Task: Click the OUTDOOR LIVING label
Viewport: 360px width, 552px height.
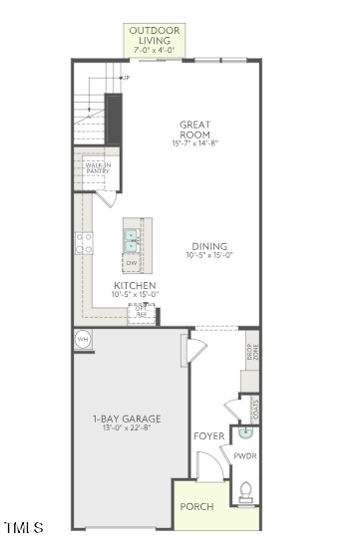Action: (x=152, y=34)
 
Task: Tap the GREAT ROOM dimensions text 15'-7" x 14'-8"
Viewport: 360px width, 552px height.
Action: (x=193, y=143)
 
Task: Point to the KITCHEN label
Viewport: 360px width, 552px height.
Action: (x=134, y=285)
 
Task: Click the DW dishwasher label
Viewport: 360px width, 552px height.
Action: (x=132, y=263)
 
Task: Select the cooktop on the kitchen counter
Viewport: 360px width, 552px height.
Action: (x=84, y=243)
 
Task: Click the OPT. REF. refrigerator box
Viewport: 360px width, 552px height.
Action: (x=142, y=314)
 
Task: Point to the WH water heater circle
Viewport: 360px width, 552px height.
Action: (x=83, y=339)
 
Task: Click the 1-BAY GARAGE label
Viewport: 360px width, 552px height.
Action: (x=127, y=418)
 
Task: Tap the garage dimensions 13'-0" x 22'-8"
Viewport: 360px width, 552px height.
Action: (x=127, y=429)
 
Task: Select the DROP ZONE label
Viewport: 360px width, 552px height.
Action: (x=250, y=354)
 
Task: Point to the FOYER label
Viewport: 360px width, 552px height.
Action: (x=208, y=436)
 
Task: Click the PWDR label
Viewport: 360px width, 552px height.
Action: (x=245, y=456)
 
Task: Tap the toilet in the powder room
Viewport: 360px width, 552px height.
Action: (x=246, y=491)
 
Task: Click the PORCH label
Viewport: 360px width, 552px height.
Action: (x=196, y=506)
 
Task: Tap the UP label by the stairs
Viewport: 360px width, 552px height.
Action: (x=125, y=78)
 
